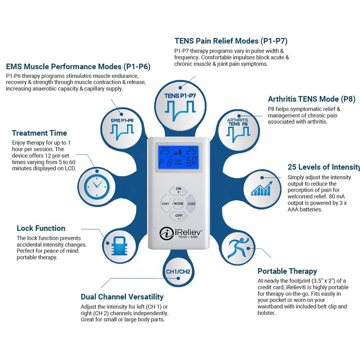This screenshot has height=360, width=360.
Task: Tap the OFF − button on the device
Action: [179, 216]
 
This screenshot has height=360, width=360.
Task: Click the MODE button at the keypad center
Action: [179, 204]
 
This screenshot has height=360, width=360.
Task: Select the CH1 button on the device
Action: [166, 204]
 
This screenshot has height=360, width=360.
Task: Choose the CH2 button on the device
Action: [192, 204]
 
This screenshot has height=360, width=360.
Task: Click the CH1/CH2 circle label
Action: [178, 272]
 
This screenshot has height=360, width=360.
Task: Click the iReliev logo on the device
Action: [179, 234]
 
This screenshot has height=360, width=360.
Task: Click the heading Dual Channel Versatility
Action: [122, 297]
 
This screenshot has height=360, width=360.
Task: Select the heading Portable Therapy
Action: [287, 271]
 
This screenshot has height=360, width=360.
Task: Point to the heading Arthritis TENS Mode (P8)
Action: [311, 99]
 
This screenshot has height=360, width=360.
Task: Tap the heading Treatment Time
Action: [40, 133]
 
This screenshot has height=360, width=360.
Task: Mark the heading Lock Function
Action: [41, 228]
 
